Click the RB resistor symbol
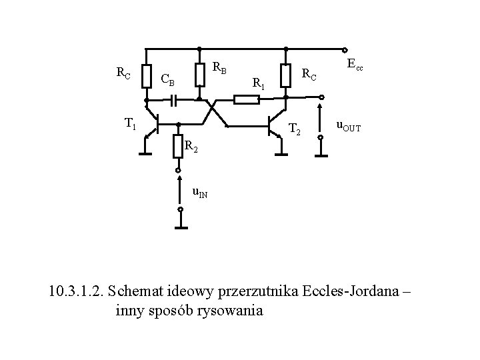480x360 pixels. tap(199, 75)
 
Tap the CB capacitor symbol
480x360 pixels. tap(174, 101)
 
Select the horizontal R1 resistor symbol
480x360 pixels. tap(247, 100)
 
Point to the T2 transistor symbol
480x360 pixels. tap(273, 124)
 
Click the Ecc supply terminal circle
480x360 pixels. tap(345, 49)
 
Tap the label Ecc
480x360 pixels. tap(355, 65)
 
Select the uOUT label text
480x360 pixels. tap(348, 125)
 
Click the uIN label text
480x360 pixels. tap(199, 193)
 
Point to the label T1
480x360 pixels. tap(131, 123)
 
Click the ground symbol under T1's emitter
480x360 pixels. tap(145, 154)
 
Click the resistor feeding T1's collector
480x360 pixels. tap(145, 75)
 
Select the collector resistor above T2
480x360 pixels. tap(285, 75)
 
